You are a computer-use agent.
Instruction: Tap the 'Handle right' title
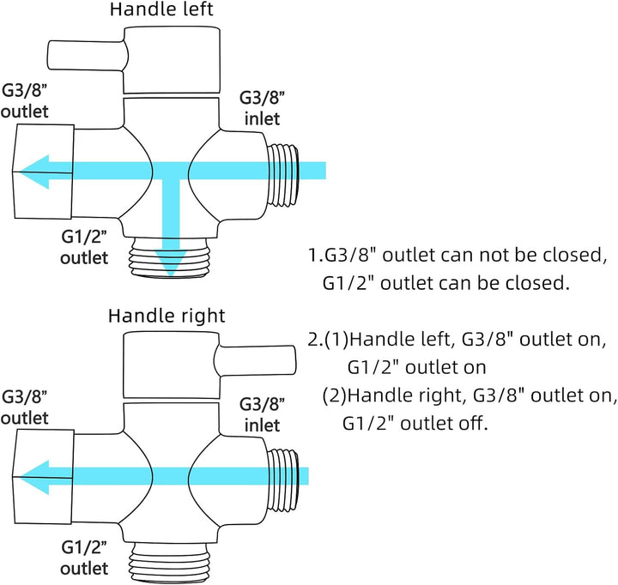pyautogui.click(x=167, y=316)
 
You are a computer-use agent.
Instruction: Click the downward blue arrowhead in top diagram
pyautogui.click(x=173, y=261)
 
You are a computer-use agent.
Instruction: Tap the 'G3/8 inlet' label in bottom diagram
pyautogui.click(x=258, y=413)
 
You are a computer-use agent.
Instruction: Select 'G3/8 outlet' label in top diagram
pyautogui.click(x=25, y=102)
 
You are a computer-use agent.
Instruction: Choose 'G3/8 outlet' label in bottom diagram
pyautogui.click(x=25, y=407)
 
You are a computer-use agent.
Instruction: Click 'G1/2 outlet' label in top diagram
pyautogui.click(x=84, y=247)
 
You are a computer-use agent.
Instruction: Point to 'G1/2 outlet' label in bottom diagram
pyautogui.click(x=84, y=556)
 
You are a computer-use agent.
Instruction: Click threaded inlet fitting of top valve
pyautogui.click(x=286, y=177)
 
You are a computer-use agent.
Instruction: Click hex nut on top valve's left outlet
pyautogui.click(x=43, y=171)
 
